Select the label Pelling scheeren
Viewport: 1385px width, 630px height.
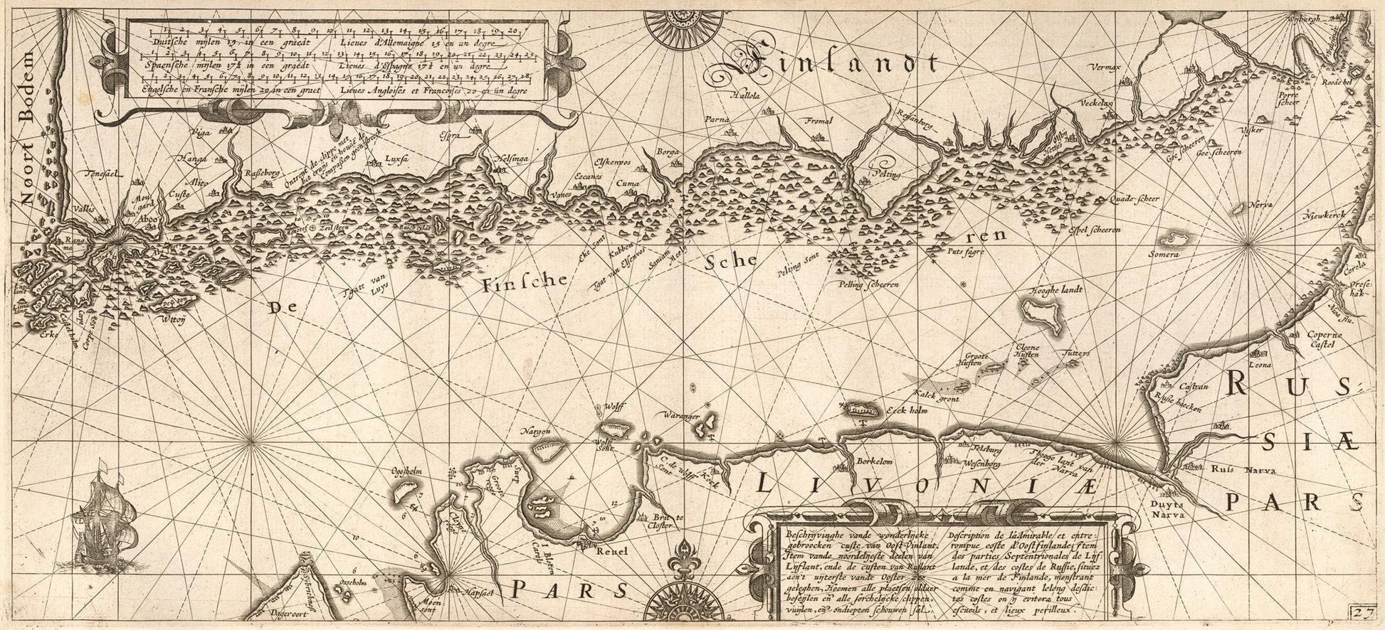click(870, 284)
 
